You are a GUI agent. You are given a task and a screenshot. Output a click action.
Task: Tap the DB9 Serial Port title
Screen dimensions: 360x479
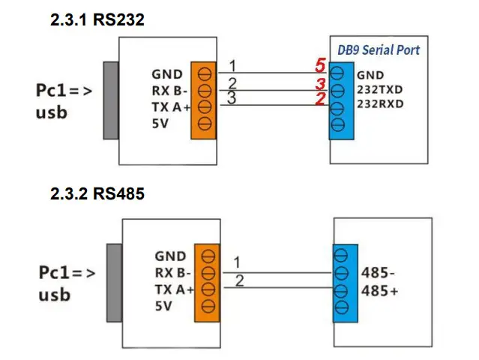(x=382, y=49)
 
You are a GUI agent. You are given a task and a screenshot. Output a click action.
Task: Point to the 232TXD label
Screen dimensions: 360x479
(x=380, y=89)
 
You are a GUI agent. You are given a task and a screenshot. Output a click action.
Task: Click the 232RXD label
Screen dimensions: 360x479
(x=380, y=103)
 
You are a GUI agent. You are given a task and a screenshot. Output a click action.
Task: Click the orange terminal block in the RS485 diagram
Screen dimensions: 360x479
(x=208, y=279)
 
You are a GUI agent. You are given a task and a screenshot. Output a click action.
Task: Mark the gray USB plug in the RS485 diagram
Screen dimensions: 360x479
(x=114, y=279)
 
